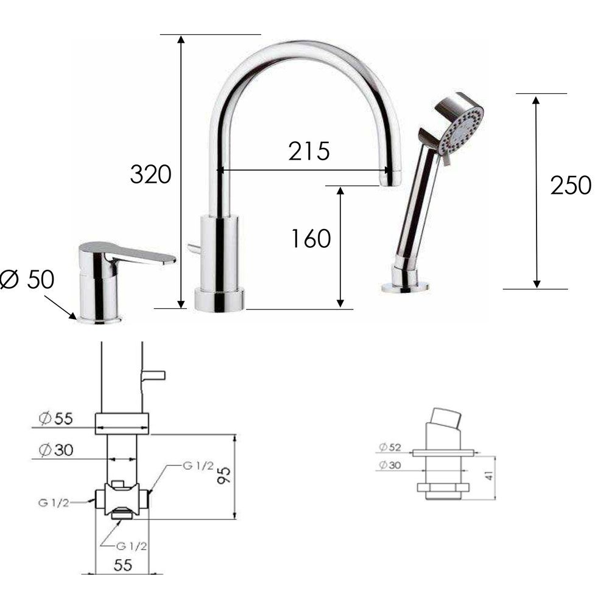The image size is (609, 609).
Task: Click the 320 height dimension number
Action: [150, 174]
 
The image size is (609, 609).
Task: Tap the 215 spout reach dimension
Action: [309, 151]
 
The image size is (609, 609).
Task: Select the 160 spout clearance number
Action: [311, 239]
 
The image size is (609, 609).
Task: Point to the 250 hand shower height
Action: [571, 185]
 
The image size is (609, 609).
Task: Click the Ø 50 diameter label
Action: [27, 280]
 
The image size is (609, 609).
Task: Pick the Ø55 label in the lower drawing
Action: [56, 418]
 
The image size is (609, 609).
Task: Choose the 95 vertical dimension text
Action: [224, 475]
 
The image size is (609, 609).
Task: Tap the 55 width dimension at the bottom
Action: [123, 565]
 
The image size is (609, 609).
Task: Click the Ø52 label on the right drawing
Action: [390, 448]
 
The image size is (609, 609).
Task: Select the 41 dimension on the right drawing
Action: [489, 475]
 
